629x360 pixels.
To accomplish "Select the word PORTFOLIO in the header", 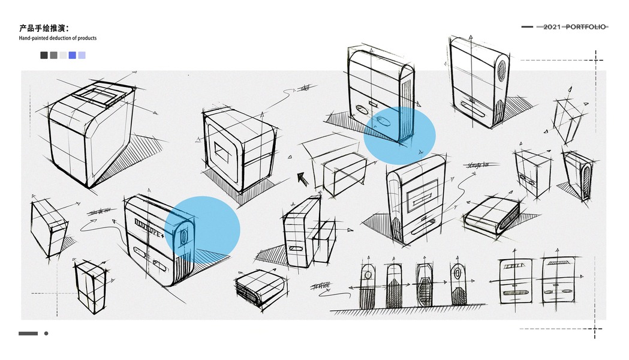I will pos(586,26).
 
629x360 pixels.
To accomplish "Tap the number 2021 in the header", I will pos(553,26).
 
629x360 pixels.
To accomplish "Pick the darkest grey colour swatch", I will pos(44,55).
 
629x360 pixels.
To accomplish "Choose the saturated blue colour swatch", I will pos(73,55).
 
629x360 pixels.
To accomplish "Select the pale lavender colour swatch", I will pos(82,55).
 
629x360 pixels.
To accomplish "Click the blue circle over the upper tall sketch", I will pos(399,136).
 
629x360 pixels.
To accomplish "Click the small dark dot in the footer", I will pos(46,334).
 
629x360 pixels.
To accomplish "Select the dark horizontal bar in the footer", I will pos(28,334).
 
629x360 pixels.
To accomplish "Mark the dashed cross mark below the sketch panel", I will pos(595,329).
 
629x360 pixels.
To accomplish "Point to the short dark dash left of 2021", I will pos(527,26).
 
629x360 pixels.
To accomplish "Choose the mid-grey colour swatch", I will pos(53,55).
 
